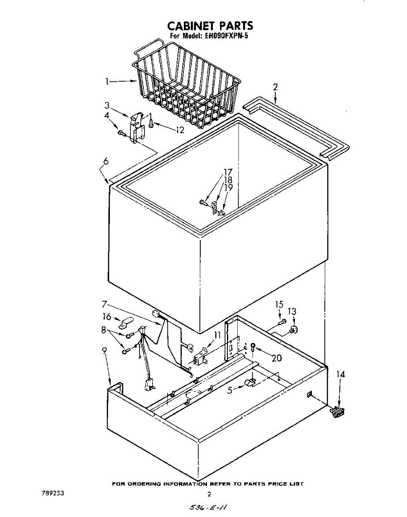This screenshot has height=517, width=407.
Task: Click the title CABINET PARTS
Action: [210, 26]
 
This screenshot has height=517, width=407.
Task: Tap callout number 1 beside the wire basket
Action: [107, 81]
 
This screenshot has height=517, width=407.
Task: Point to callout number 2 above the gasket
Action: [275, 87]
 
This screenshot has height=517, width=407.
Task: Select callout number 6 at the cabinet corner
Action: [106, 162]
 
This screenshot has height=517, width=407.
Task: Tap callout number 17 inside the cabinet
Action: [228, 172]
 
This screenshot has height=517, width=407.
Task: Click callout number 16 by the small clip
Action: [106, 317]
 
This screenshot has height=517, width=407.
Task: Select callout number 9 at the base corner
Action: [104, 351]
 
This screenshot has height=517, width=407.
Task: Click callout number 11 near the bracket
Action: [217, 334]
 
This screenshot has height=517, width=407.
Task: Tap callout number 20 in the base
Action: [276, 357]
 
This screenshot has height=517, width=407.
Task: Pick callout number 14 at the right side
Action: [340, 375]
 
